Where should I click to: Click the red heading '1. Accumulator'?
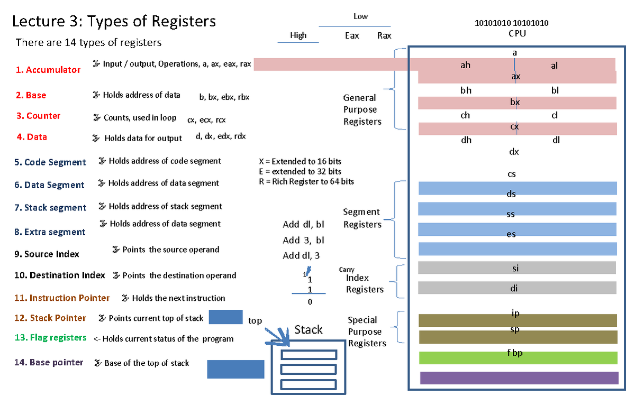click(x=48, y=70)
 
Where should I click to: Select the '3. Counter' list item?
click(x=38, y=116)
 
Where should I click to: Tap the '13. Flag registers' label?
click(x=50, y=337)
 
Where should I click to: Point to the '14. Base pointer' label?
click(x=49, y=362)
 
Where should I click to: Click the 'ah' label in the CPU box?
click(x=465, y=66)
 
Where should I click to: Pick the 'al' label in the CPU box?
click(x=554, y=66)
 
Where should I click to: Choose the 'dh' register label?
click(x=466, y=140)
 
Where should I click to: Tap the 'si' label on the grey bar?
click(x=515, y=268)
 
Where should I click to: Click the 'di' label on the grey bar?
click(x=514, y=288)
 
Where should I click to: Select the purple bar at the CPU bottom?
click(x=519, y=378)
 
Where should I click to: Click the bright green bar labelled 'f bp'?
click(x=518, y=358)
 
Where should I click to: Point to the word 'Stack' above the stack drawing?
click(x=308, y=330)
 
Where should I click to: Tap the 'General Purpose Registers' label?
click(x=362, y=109)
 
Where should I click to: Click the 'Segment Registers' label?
click(x=362, y=218)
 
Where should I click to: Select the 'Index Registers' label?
click(x=364, y=283)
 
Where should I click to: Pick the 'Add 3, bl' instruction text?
click(x=303, y=240)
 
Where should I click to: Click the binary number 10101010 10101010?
click(x=511, y=23)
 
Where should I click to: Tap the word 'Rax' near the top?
click(x=384, y=35)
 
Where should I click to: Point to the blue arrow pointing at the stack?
click(x=275, y=335)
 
